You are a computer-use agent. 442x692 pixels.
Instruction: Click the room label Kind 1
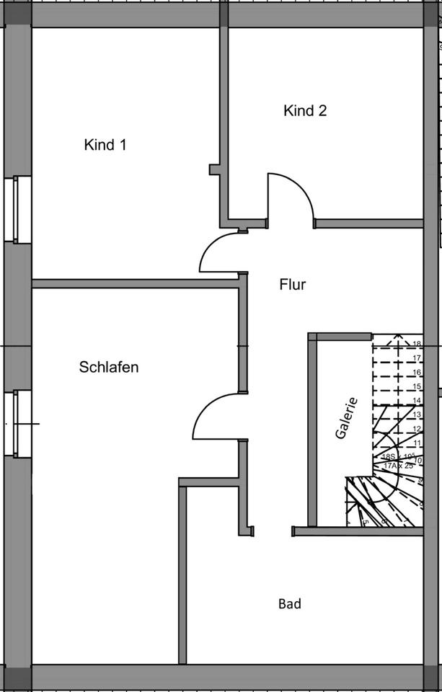click(105, 145)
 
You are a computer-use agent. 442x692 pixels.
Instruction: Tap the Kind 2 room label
click(305, 111)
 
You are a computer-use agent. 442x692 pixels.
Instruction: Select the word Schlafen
click(108, 368)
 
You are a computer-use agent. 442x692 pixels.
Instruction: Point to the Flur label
click(292, 285)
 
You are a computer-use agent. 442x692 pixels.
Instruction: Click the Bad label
click(290, 604)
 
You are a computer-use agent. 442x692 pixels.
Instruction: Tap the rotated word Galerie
click(346, 418)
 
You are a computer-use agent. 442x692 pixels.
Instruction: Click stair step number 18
click(417, 345)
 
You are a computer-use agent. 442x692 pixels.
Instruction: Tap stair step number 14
click(417, 401)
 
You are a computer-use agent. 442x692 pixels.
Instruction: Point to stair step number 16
click(417, 373)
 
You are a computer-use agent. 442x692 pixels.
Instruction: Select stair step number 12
click(417, 429)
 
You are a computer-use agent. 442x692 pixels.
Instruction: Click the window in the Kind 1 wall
click(17, 209)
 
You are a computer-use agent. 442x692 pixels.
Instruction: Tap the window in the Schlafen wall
click(17, 423)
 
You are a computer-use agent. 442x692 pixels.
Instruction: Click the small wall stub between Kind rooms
click(215, 169)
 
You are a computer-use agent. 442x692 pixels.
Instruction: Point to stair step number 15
click(417, 387)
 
